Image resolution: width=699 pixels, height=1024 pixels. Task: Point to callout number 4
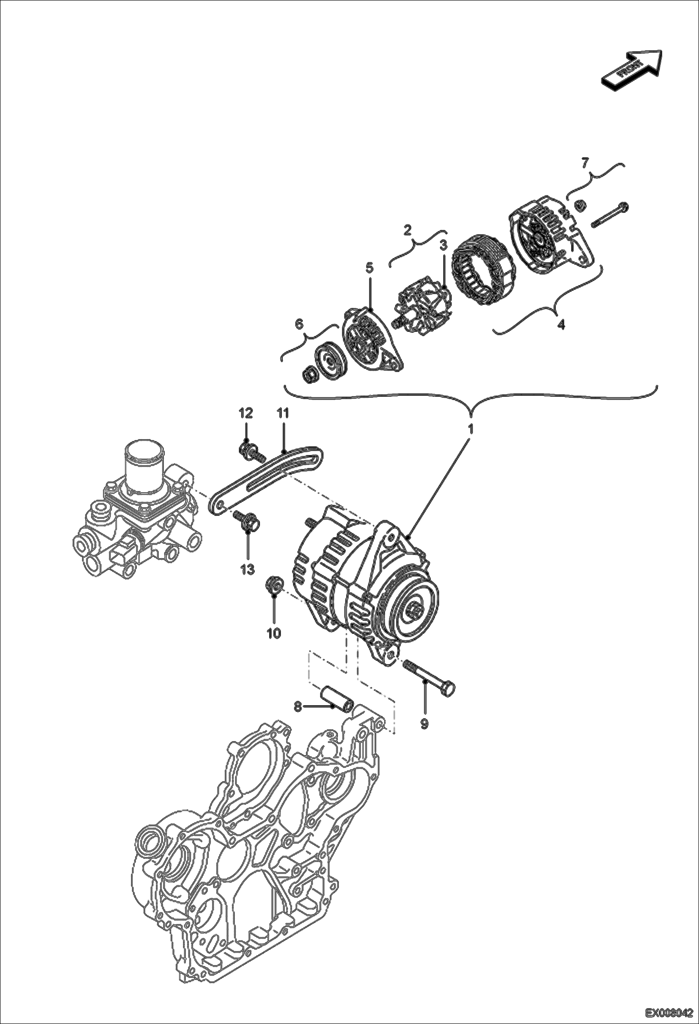(561, 324)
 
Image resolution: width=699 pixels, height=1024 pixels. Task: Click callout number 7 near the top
(585, 163)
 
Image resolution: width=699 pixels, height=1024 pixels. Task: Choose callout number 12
(246, 413)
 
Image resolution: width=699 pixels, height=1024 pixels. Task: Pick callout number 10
(273, 633)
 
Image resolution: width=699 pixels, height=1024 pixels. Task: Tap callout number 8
(298, 707)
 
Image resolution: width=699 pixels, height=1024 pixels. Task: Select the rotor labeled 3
(422, 309)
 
